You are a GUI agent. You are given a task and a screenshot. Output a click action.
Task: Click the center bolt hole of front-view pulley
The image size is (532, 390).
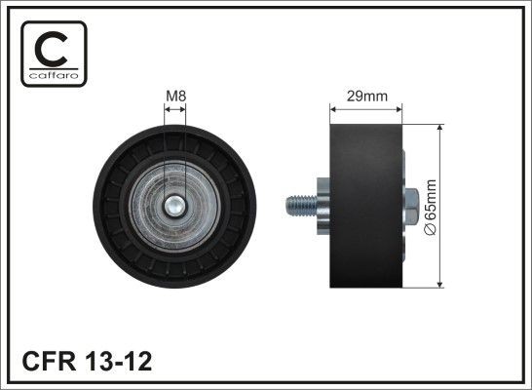[x=174, y=206]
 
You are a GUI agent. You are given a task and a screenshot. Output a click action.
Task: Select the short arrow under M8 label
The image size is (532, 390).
[x=174, y=110]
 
